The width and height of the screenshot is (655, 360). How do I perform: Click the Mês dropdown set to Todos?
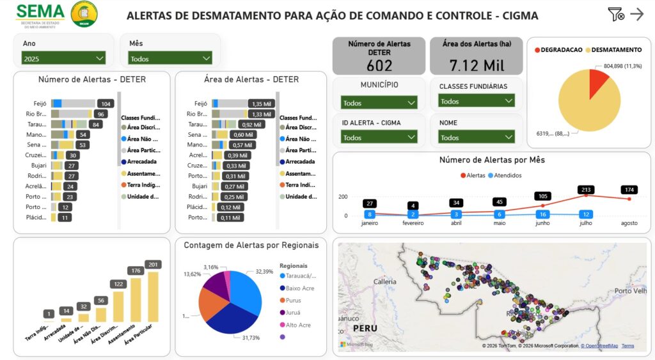click(x=170, y=58)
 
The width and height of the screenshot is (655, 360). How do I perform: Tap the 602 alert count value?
click(x=379, y=65)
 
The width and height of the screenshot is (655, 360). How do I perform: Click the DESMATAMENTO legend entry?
click(x=616, y=49)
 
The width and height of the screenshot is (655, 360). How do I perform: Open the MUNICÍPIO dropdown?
click(x=379, y=102)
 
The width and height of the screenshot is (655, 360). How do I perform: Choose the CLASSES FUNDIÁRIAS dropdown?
click(x=477, y=101)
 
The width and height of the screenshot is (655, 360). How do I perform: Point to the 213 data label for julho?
click(x=585, y=189)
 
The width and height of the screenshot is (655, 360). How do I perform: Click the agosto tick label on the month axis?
click(x=629, y=223)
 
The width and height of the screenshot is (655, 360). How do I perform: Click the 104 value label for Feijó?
click(x=106, y=104)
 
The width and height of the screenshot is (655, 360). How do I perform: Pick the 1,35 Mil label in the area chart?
click(x=262, y=104)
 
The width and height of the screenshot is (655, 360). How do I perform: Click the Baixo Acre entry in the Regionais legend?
click(x=299, y=288)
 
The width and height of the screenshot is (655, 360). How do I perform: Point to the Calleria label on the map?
click(x=385, y=281)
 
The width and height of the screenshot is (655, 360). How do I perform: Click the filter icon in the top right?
click(x=615, y=14)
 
